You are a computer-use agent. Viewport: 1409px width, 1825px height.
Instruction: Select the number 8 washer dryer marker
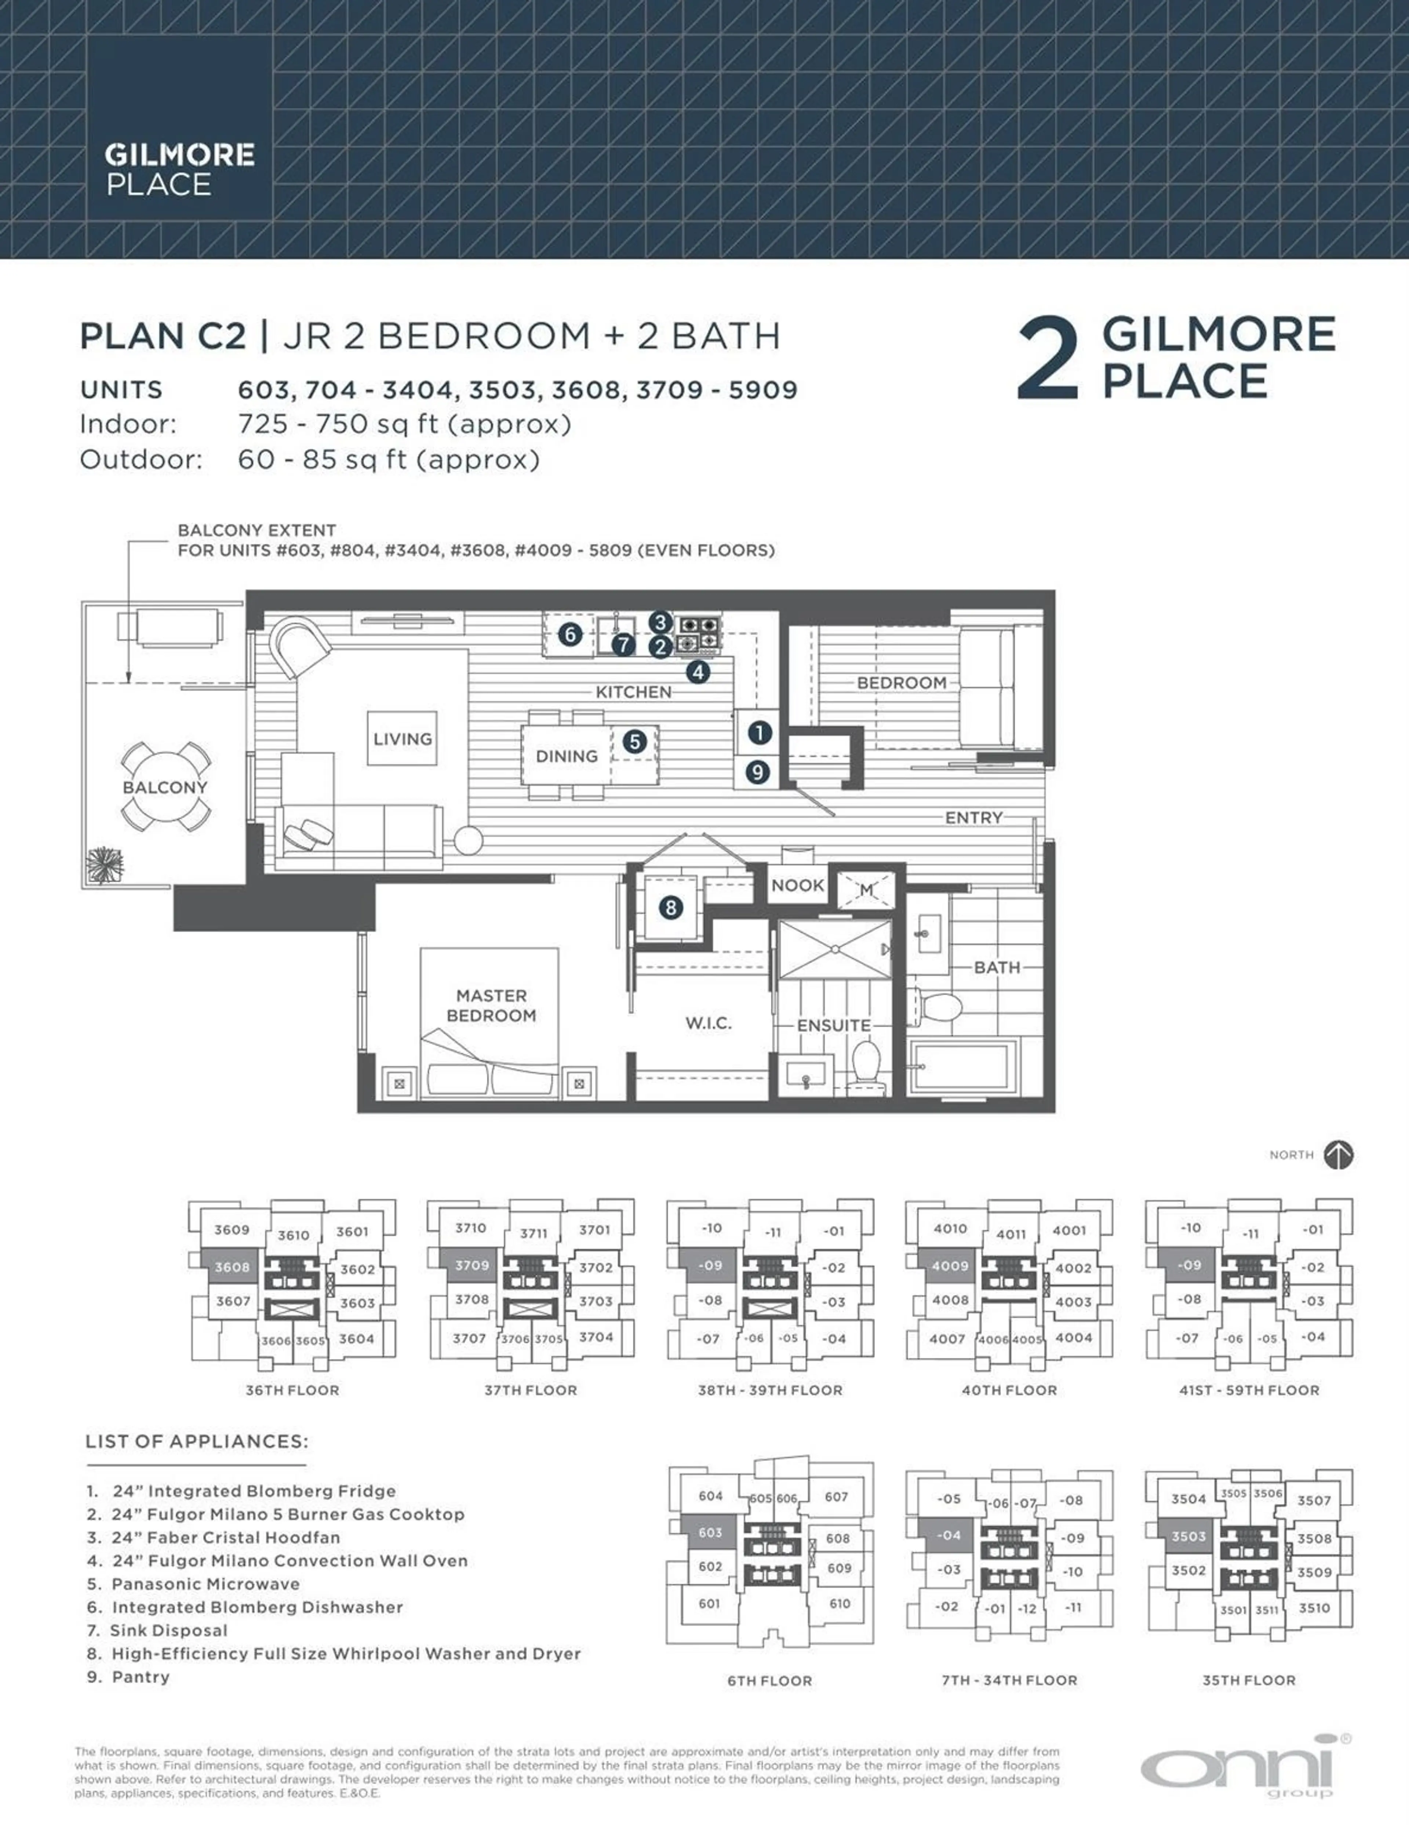click(670, 908)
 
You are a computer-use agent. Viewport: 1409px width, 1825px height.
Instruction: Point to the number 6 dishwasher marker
click(570, 634)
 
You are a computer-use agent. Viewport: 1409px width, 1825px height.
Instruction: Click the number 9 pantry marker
click(757, 771)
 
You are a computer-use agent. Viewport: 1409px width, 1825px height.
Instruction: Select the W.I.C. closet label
click(709, 1023)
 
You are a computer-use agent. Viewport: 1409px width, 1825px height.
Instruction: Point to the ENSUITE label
click(833, 1025)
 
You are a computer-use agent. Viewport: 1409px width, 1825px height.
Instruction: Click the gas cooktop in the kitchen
click(699, 633)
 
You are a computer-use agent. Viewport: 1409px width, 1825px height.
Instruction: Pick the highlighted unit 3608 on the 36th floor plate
click(232, 1267)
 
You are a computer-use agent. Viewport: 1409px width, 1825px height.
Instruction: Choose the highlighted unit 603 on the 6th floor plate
click(710, 1532)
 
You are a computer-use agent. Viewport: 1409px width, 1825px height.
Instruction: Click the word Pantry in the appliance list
click(141, 1676)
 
